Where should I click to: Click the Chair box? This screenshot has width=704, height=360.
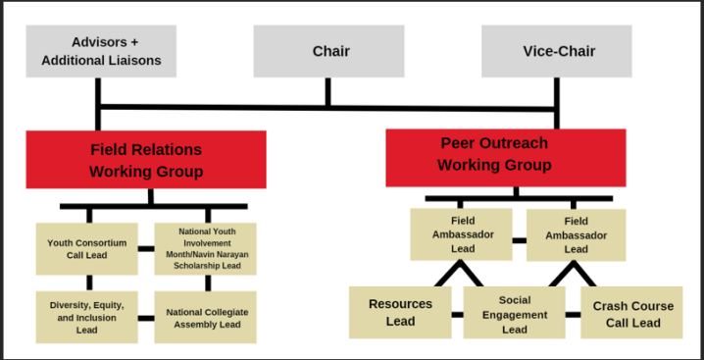click(x=328, y=51)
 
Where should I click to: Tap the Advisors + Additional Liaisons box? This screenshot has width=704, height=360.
click(x=101, y=51)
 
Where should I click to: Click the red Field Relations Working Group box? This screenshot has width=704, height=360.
click(x=146, y=160)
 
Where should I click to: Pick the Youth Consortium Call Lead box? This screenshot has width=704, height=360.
click(x=87, y=248)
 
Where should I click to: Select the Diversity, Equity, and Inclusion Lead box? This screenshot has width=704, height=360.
click(x=87, y=317)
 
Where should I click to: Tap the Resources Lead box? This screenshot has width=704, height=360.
click(x=400, y=313)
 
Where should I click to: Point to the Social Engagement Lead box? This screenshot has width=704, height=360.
click(x=514, y=314)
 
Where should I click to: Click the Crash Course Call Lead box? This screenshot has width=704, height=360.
click(x=632, y=314)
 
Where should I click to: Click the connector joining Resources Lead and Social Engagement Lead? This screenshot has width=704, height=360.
click(x=457, y=315)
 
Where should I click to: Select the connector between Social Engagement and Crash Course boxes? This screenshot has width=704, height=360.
click(x=573, y=315)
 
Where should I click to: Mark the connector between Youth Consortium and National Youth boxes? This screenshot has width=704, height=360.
click(x=146, y=249)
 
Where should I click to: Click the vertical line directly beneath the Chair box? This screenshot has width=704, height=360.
click(x=328, y=92)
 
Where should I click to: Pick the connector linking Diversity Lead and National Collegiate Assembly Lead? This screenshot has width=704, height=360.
click(x=146, y=318)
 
